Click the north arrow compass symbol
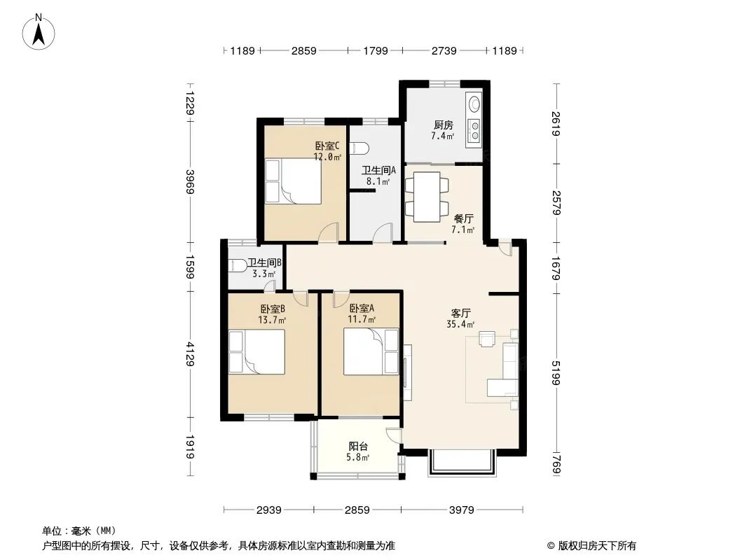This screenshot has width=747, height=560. click(39, 31)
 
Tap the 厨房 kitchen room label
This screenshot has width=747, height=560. click(443, 125)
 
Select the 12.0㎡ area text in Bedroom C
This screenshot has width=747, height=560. click(327, 157)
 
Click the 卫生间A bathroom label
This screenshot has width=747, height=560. click(378, 170)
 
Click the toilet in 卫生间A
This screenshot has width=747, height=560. click(359, 148)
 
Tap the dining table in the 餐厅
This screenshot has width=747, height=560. click(427, 197)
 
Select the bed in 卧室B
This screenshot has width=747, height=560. click(257, 351)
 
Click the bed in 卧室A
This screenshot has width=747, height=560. click(371, 351)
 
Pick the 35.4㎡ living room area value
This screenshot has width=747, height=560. click(460, 325)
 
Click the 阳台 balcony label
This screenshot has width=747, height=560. click(358, 447)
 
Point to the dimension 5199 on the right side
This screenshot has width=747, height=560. click(556, 372)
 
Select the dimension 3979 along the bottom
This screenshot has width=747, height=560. click(462, 510)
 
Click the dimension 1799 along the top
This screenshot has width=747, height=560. click(376, 50)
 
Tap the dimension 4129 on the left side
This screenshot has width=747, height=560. click(190, 354)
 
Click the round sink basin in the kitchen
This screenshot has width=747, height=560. click(474, 103)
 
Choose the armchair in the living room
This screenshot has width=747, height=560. click(487, 338)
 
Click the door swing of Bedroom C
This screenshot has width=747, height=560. click(328, 232)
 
